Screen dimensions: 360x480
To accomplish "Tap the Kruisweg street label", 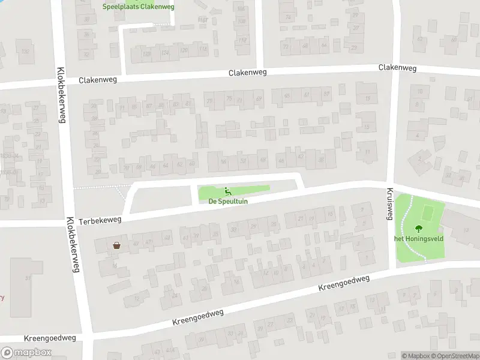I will click(388, 204).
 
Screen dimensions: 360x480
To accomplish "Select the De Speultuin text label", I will click(228, 202).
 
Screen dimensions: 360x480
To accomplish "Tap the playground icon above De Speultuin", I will click(228, 192).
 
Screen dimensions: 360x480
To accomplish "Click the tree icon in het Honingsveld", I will click(418, 227).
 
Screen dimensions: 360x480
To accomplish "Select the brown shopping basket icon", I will click(116, 245).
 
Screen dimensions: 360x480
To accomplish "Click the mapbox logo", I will click(26, 353).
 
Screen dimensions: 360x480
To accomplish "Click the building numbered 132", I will click(25, 52).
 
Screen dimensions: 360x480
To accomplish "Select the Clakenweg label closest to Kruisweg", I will click(397, 68).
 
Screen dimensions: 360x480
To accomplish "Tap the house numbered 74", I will click(288, 17).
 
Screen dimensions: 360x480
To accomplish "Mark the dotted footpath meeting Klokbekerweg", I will click(99, 187).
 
